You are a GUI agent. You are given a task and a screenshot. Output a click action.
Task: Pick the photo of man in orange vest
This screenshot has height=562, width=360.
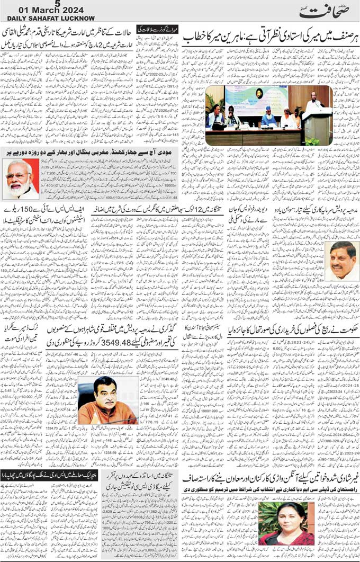click(109, 400)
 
